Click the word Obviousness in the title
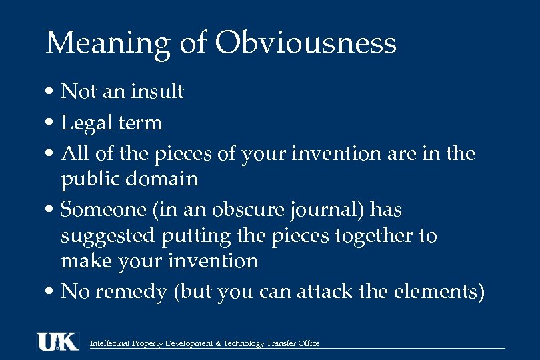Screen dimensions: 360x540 coord(306,44)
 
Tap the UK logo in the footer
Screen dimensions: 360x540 coord(57,341)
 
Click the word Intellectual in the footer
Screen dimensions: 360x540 coord(111,343)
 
